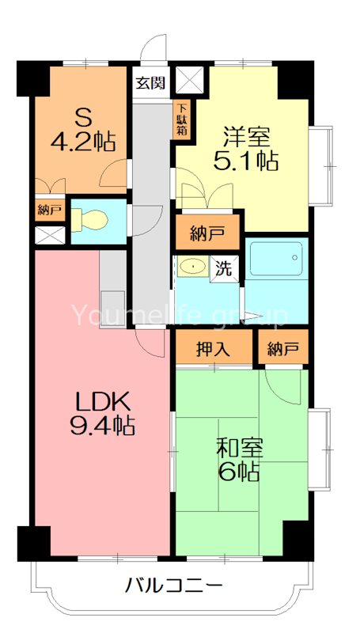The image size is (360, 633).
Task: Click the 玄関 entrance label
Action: coord(150,82)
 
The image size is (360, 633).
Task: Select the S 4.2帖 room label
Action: coord(93,131)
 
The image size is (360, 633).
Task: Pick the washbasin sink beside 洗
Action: coord(191,267)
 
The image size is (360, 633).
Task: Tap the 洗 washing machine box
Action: coord(225,267)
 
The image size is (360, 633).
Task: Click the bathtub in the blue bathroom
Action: coord(275,259)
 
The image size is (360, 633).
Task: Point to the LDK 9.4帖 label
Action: coord(100,413)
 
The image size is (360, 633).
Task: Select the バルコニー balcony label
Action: coord(173,587)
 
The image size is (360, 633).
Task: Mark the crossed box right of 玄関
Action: coord(190,80)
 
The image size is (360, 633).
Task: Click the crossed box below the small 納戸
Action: coord(49,235)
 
